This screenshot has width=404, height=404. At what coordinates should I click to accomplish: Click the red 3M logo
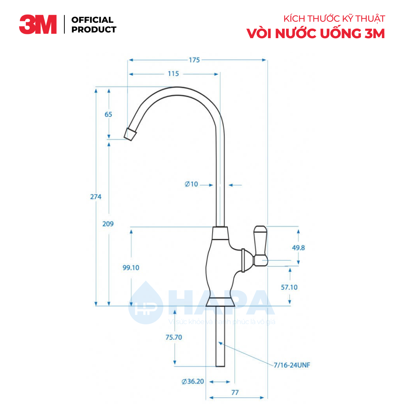coord(38,25)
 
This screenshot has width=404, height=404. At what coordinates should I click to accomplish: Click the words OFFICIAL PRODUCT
coord(94,25)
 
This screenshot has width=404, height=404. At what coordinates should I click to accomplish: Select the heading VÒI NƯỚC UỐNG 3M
coord(315,34)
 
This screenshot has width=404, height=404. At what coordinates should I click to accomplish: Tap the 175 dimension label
coord(194,60)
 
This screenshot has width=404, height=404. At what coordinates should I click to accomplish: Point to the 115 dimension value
coord(173,74)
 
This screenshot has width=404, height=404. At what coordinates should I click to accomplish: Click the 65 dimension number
coord(108,114)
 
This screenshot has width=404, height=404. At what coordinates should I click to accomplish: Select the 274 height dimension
coord(96,196)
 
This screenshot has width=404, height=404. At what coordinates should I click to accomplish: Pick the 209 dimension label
coord(108,224)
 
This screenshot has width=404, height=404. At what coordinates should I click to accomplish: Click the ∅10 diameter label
coord(191,184)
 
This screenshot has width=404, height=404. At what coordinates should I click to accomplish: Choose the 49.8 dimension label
coord(298,248)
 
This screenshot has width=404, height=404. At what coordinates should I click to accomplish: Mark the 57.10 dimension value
coord(289,287)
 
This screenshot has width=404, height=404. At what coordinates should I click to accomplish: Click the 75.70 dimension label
coord(174,337)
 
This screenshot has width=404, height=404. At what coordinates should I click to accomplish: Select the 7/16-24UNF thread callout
coord(292,364)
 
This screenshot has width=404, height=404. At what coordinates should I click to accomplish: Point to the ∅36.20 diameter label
coord(193,382)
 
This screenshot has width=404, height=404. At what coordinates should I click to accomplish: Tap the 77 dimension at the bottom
coord(235,393)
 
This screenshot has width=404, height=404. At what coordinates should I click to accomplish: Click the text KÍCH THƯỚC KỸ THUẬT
coord(334,19)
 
